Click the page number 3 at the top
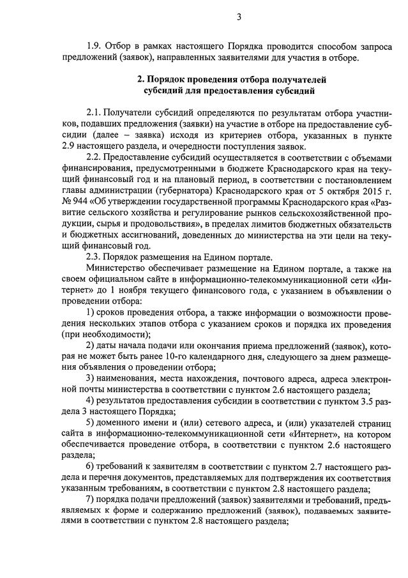coord(238,17)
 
